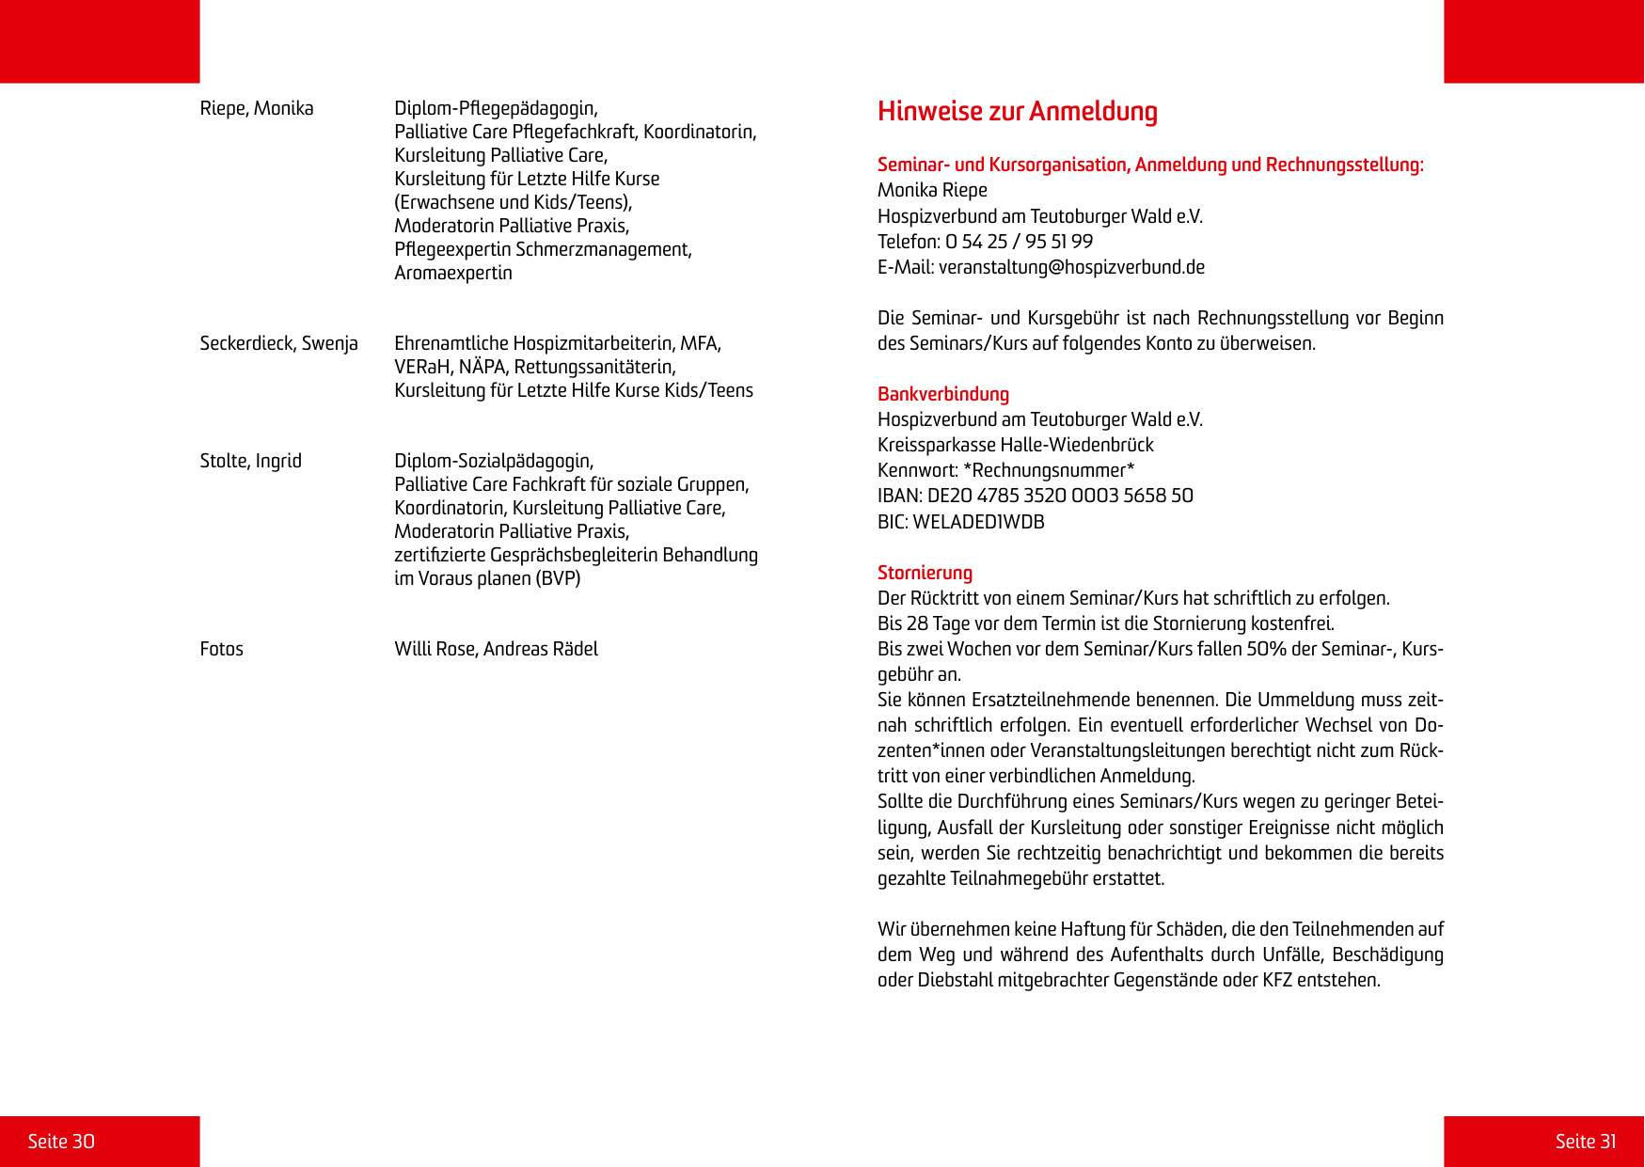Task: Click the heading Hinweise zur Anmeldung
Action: [1017, 112]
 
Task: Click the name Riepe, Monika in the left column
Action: [257, 108]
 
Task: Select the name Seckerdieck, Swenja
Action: [278, 343]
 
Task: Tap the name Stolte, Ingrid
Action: [250, 461]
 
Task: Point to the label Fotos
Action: [221, 649]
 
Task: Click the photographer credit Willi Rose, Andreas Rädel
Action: [496, 649]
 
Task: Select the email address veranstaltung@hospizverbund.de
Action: [1071, 267]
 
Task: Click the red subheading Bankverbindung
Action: [942, 394]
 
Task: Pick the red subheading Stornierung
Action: [925, 573]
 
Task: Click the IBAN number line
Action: [1035, 496]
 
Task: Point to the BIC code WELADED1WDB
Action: [978, 522]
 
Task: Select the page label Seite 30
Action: [61, 1142]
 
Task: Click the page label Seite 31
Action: [1585, 1142]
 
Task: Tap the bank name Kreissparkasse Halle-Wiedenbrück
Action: [1015, 445]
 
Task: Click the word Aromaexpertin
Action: [453, 273]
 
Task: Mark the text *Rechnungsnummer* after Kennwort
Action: [1049, 470]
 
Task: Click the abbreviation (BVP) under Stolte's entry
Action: [558, 578]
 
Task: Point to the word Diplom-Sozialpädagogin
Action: [494, 461]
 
